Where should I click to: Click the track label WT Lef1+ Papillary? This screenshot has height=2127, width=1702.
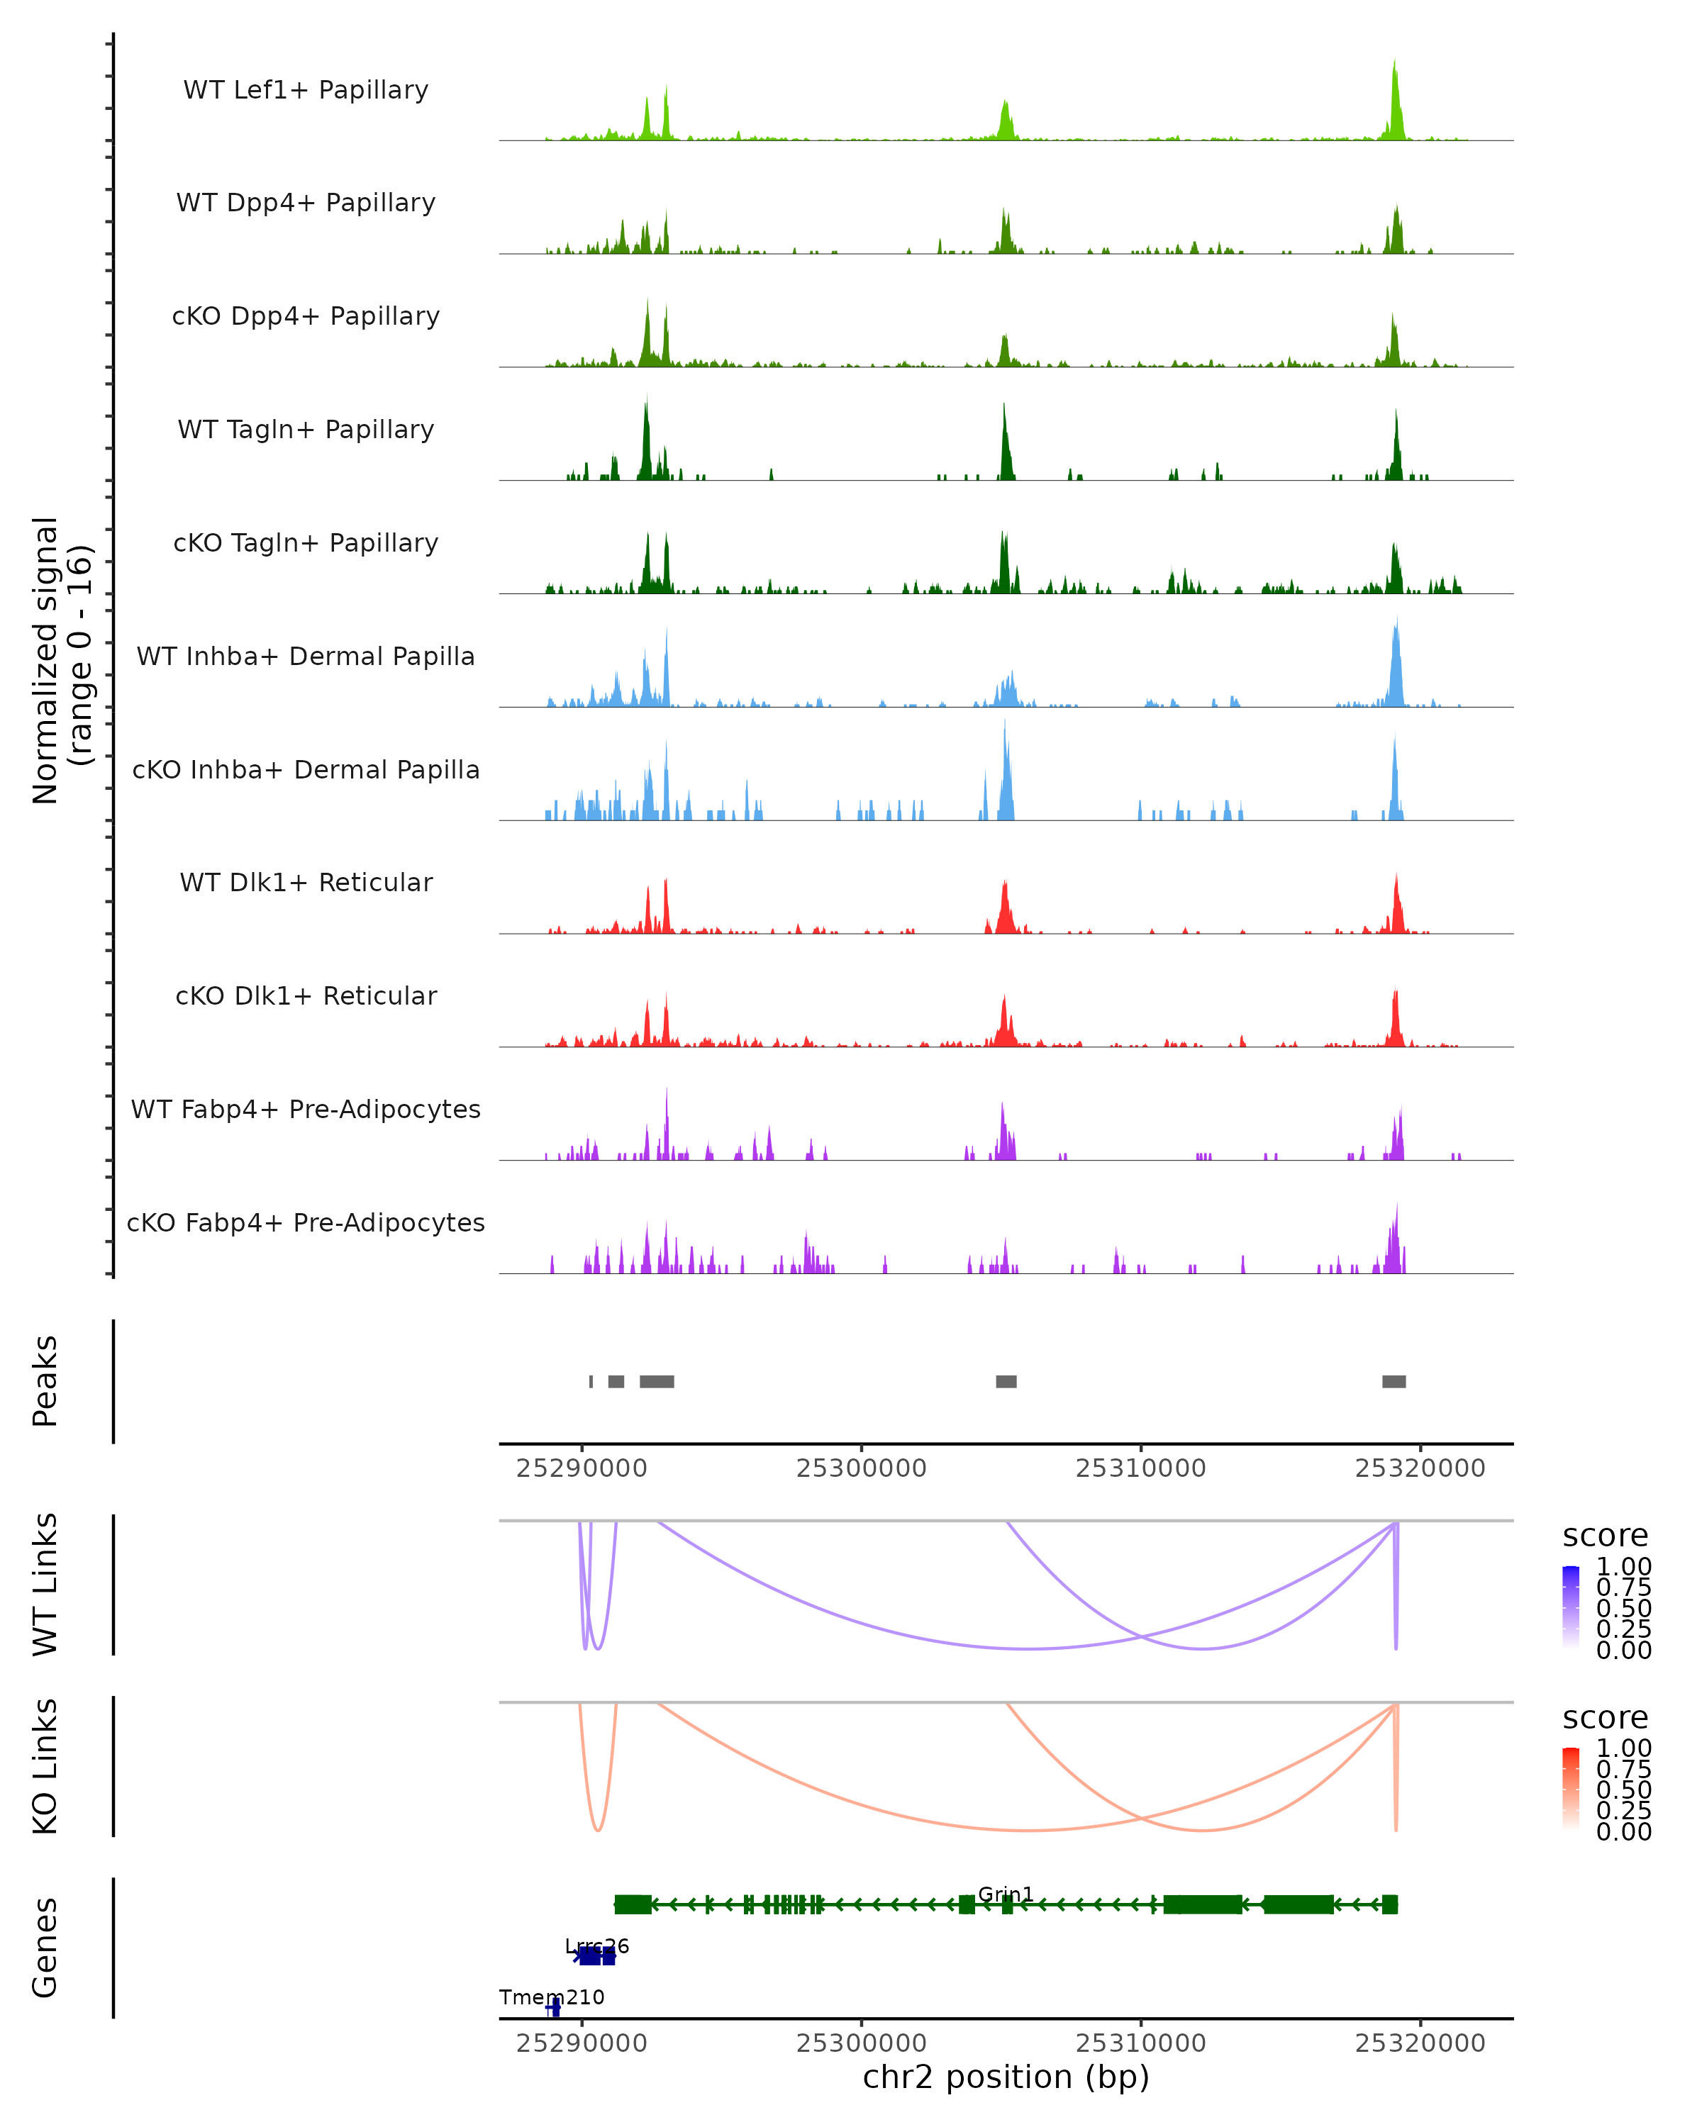pos(306,90)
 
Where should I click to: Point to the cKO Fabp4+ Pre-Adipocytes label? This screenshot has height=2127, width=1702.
pos(306,1222)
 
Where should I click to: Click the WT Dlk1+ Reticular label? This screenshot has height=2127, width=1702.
pos(306,882)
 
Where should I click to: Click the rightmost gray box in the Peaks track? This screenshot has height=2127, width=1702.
pos(1394,1381)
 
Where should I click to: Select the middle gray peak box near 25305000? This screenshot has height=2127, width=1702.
pos(1006,1381)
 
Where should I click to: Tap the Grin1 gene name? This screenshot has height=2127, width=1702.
pos(1006,1894)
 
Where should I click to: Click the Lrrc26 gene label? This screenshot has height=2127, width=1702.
pos(597,1946)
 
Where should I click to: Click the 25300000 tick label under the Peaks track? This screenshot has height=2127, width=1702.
pos(862,1468)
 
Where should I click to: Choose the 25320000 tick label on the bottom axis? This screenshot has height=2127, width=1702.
pos(1420,2043)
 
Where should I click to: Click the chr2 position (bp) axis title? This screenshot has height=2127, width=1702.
pos(1006,2077)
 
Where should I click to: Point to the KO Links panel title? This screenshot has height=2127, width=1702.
pos(45,1767)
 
